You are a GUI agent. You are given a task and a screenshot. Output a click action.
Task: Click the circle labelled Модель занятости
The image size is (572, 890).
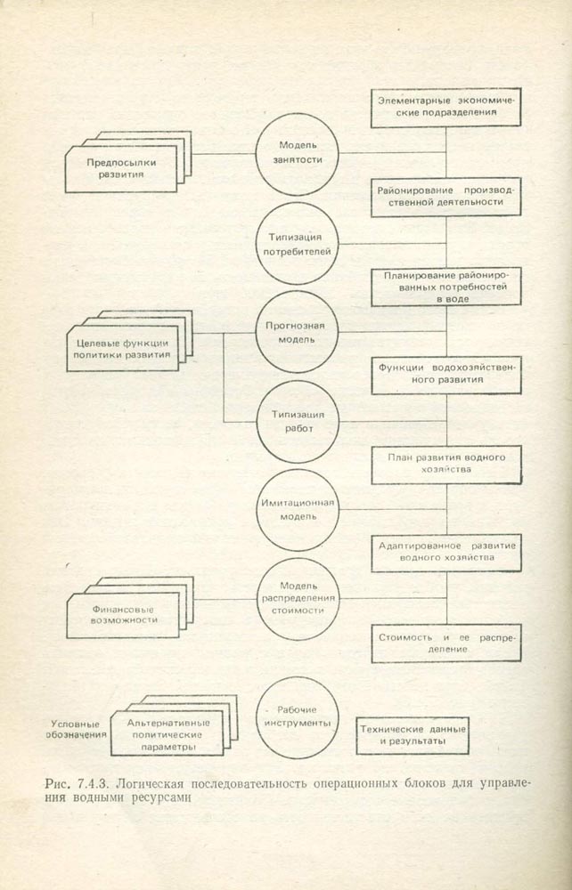(298, 153)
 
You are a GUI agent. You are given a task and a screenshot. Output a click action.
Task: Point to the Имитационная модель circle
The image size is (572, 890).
(298, 510)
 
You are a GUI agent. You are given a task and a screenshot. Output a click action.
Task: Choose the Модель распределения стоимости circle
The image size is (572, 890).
(298, 599)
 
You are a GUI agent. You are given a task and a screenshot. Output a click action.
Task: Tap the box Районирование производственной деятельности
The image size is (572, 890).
(446, 197)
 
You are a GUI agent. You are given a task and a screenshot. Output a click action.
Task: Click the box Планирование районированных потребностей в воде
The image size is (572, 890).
(446, 287)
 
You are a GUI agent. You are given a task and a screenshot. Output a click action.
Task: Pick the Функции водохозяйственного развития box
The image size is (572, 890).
(446, 375)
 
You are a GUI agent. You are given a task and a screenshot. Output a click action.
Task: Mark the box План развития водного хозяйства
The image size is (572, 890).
(446, 464)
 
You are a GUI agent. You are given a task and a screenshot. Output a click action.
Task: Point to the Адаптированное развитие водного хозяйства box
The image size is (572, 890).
(446, 552)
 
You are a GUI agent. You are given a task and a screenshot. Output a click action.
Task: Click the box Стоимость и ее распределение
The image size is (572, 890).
(446, 643)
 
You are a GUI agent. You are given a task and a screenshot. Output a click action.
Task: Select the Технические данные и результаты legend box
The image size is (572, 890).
(413, 734)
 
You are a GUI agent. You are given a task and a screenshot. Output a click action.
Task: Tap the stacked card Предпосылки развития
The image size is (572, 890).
(121, 169)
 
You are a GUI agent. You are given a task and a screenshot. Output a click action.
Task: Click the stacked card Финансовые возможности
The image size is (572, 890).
(121, 614)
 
